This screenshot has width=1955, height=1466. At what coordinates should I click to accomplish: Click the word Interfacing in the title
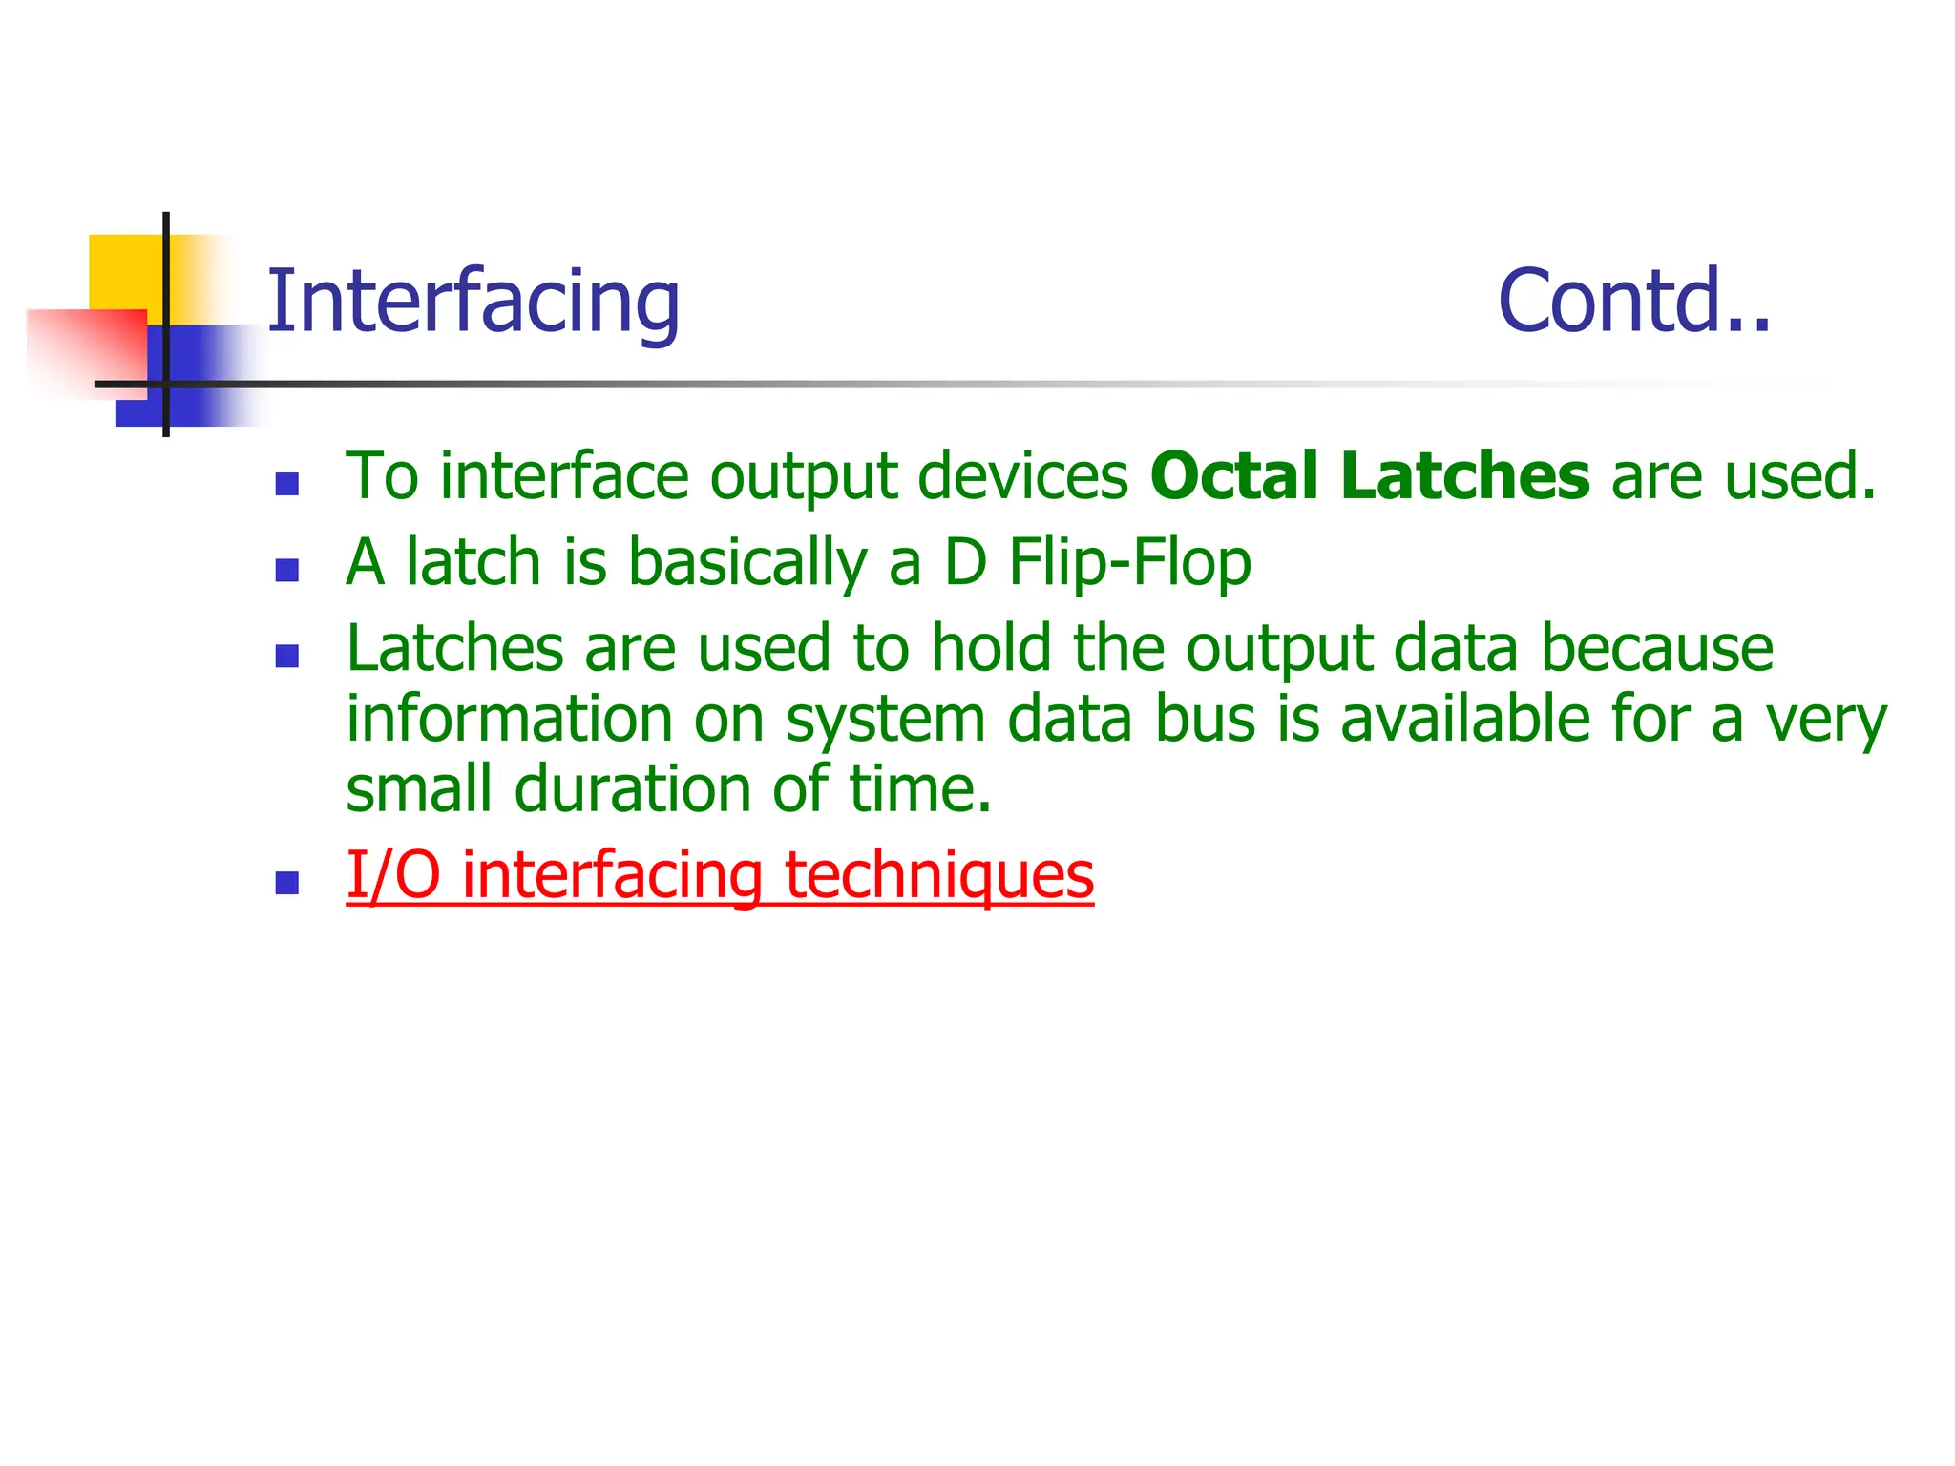473,302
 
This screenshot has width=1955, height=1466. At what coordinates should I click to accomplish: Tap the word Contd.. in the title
1633,302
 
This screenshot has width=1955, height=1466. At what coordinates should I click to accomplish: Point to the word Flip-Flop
1129,562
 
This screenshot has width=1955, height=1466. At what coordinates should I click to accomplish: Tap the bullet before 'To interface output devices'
286,484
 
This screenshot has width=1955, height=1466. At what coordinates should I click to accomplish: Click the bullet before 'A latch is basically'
286,570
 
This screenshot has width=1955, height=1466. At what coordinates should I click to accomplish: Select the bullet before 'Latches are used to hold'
286,656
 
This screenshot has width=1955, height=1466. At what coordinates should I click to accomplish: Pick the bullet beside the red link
286,883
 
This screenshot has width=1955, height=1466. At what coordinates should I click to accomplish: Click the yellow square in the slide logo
124,272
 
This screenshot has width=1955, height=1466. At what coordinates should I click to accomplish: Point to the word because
1657,649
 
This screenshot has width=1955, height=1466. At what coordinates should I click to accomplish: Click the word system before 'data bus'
885,721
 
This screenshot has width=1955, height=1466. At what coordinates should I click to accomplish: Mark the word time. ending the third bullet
920,789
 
